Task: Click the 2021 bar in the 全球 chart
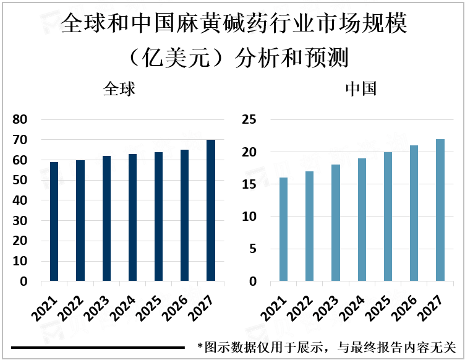tap(54, 221)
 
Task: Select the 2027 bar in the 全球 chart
tap(211, 210)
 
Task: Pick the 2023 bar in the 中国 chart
tap(336, 223)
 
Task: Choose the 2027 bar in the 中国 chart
tap(440, 210)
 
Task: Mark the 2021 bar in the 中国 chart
tap(283, 229)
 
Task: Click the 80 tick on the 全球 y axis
tap(20, 120)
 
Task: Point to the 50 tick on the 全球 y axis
tap(20, 181)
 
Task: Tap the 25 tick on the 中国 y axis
tap(250, 120)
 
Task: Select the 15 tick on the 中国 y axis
tap(250, 184)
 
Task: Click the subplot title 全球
tap(119, 89)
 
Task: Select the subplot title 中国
tap(360, 89)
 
